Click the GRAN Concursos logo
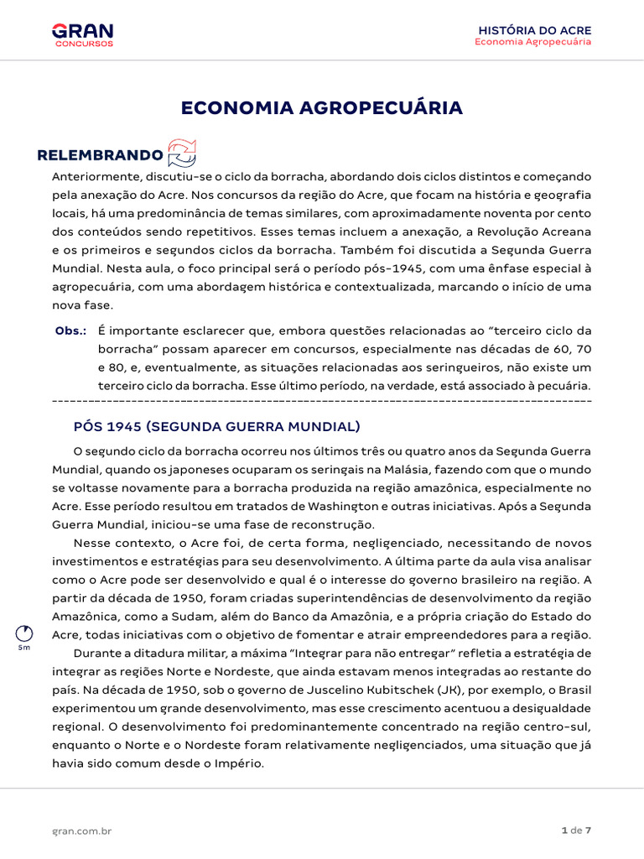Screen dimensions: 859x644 [x=82, y=34]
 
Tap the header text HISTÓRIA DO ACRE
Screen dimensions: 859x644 [x=534, y=30]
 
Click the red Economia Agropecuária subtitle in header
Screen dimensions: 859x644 [x=532, y=42]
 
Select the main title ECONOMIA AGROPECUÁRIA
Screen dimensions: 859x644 [x=321, y=108]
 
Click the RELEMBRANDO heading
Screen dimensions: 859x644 [x=100, y=155]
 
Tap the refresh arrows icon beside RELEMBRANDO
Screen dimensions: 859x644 [x=182, y=154]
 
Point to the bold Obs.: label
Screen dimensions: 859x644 [x=70, y=331]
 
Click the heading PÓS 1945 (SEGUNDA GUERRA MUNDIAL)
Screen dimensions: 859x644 [x=217, y=425]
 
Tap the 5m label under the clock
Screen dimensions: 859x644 [x=24, y=648]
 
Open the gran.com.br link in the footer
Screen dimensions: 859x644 [x=82, y=830]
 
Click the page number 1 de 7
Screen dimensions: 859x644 [x=576, y=830]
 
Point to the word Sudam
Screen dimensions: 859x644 [x=208, y=616]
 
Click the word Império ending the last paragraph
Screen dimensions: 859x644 [x=239, y=763]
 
